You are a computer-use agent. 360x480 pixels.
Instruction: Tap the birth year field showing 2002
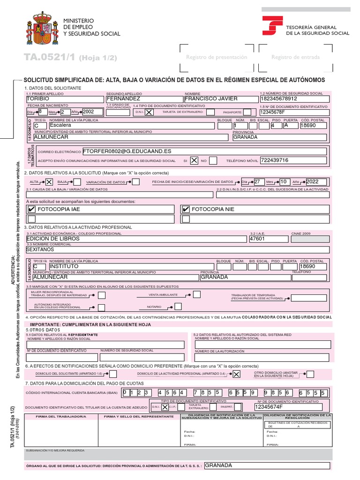tap(92, 112)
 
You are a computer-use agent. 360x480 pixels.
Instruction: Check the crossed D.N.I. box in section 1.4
tap(149, 112)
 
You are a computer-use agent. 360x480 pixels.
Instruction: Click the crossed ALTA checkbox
tap(49, 182)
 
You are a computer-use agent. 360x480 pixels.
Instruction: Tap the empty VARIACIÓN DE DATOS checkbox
tap(135, 182)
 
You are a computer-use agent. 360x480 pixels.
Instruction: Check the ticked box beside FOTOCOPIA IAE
tap(31, 210)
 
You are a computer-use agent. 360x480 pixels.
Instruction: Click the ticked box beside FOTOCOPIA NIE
tap(186, 210)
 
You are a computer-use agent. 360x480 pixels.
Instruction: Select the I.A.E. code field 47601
tap(267, 239)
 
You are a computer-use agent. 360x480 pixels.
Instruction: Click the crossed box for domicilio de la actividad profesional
tap(236, 374)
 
